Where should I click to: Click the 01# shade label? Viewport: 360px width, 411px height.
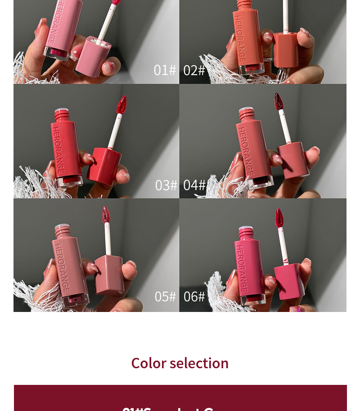[x=165, y=70]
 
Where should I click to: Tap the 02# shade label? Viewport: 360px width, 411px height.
[x=194, y=70]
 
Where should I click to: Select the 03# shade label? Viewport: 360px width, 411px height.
[x=166, y=185]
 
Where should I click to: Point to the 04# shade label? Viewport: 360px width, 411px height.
[x=194, y=185]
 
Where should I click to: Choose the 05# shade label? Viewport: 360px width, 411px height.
[x=165, y=296]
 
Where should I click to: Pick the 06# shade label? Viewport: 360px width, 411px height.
[x=194, y=296]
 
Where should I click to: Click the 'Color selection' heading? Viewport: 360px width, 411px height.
[x=180, y=363]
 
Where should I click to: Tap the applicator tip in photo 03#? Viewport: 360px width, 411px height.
[x=121, y=105]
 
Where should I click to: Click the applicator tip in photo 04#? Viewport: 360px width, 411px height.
[x=279, y=102]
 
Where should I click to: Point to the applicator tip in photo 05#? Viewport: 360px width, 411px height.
[x=106, y=215]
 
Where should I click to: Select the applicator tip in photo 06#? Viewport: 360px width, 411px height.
[x=279, y=218]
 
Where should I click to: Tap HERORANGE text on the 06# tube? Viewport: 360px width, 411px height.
[x=242, y=268]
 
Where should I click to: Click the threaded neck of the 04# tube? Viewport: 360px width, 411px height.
[x=247, y=115]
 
